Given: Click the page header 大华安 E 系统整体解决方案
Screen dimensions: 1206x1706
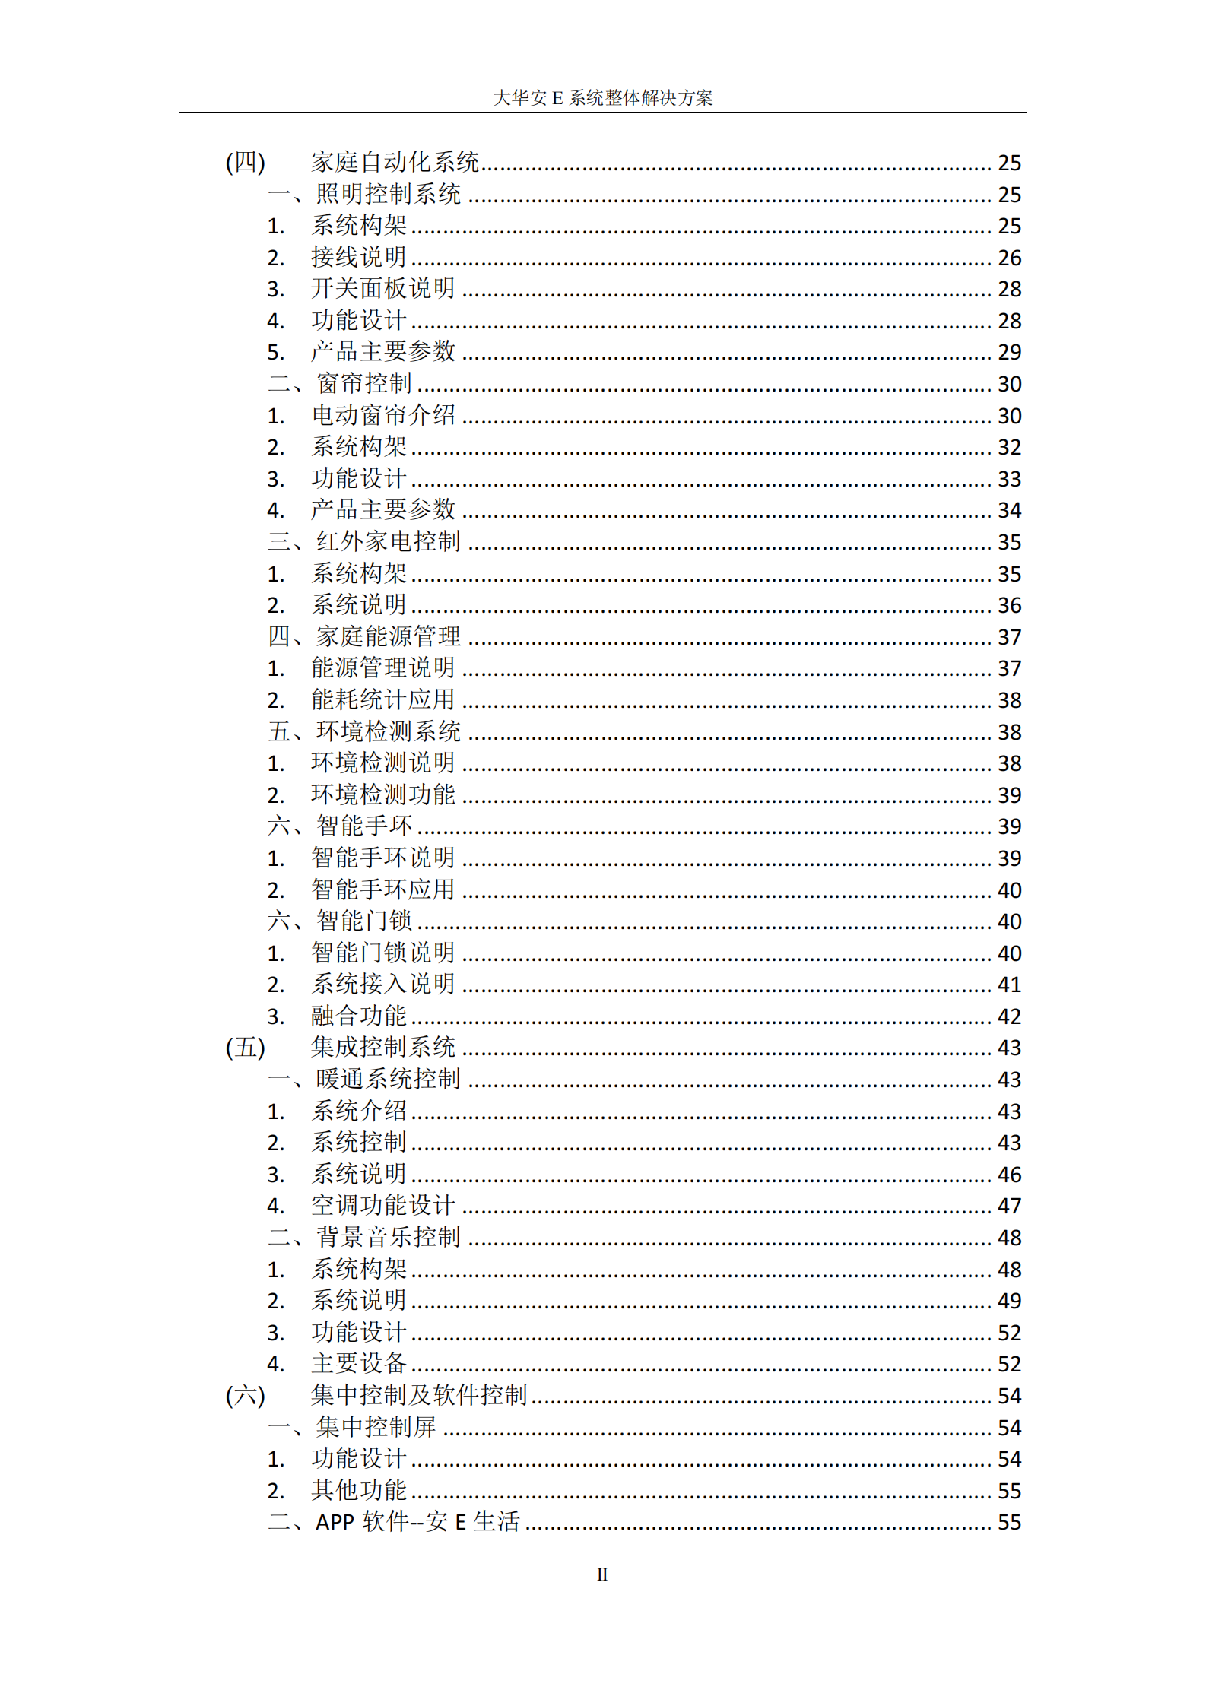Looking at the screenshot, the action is [602, 98].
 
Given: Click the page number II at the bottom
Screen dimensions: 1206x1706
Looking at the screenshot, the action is [602, 1574].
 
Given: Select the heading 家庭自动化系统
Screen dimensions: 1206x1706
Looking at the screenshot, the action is [394, 162].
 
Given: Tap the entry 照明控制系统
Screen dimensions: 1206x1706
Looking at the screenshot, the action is [388, 194].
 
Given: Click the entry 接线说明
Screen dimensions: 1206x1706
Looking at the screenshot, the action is [358, 257].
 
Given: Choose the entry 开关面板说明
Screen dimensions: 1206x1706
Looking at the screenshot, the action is [382, 289].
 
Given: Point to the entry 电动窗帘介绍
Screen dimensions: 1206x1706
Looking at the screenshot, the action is [382, 415].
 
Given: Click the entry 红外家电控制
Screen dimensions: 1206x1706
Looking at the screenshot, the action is [388, 541].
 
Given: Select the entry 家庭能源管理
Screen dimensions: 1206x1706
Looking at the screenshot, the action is [388, 636].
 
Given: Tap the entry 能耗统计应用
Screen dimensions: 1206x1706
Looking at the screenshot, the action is [382, 699].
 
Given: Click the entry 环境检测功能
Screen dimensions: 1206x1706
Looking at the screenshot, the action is [382, 794].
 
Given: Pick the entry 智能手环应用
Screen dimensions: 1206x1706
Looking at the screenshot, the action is [382, 889].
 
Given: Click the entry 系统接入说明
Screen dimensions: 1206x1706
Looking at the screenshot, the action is [382, 984].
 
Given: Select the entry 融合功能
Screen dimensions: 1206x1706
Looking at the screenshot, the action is [358, 1016].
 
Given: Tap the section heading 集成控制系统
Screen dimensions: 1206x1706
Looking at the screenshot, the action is [382, 1048].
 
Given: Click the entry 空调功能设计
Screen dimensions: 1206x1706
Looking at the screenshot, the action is [382, 1205].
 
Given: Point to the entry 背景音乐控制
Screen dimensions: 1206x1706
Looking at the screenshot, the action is [388, 1237].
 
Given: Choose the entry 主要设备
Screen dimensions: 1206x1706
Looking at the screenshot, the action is [358, 1363].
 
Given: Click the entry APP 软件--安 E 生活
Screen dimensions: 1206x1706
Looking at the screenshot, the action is [417, 1521].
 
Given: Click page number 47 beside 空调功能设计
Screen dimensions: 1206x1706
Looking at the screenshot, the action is [1009, 1206].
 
